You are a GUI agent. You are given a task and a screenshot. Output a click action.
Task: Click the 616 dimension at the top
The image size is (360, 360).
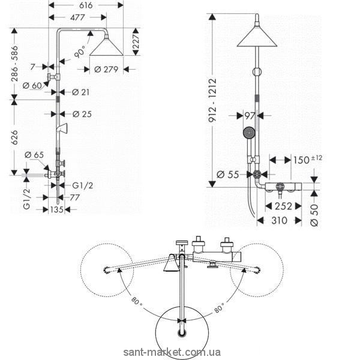pos(86,4)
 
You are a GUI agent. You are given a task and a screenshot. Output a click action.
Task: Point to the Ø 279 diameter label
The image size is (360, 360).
pos(109,70)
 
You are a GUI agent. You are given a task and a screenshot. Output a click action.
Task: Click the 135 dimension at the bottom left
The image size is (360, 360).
pos(56,210)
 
